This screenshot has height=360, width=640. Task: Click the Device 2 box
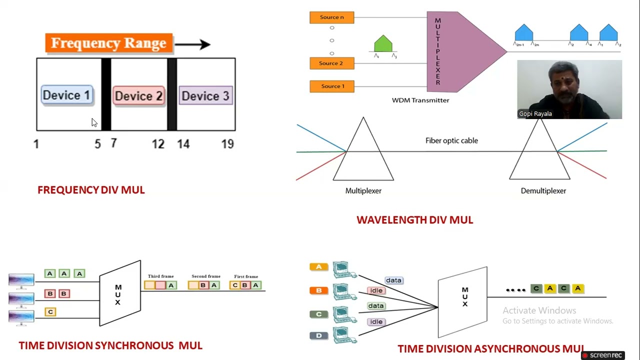coord(138,95)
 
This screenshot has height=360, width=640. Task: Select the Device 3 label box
coord(205,95)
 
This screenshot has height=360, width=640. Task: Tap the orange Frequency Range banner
coord(108,43)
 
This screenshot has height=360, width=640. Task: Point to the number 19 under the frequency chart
coord(227,144)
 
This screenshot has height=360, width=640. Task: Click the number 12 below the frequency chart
coord(158,144)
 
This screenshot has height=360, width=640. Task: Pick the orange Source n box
coord(331,17)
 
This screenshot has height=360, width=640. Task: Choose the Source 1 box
coord(331,86)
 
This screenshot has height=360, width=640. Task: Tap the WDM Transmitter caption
coord(420,100)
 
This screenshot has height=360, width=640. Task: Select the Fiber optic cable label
coord(451,140)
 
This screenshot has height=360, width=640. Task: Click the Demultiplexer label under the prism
coord(543,191)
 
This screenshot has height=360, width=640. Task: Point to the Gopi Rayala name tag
coord(535,114)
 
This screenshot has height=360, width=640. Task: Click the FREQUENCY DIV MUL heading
coord(91,190)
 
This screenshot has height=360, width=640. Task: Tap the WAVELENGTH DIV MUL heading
coord(414,220)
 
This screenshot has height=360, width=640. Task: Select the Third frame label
coord(160,276)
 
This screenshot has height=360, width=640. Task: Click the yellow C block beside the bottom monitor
coord(50,312)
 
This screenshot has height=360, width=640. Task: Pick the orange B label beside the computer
coord(318,290)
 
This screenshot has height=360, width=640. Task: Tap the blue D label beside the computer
coord(318,335)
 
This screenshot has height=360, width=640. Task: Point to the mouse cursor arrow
coord(94,122)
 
